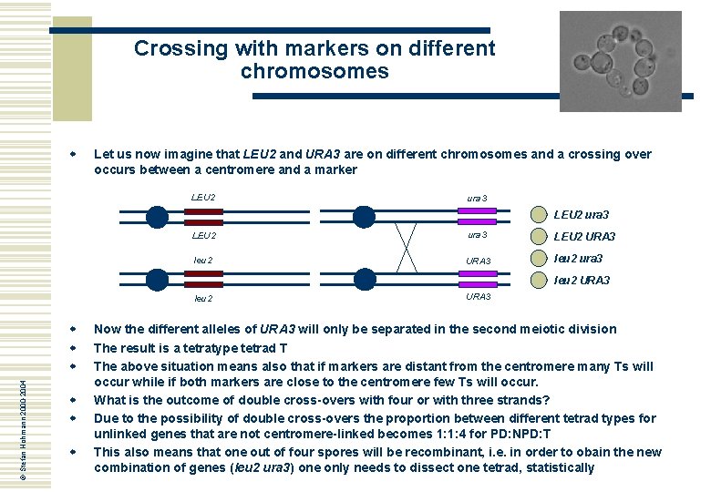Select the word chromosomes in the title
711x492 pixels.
coord(314,71)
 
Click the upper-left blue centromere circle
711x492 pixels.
coord(158,216)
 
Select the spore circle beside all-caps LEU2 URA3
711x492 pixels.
coord(540,236)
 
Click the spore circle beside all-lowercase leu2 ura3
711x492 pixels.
coord(540,258)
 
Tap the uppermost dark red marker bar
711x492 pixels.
coord(203,211)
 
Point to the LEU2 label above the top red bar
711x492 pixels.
coord(203,197)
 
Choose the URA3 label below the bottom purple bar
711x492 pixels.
coord(479,297)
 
